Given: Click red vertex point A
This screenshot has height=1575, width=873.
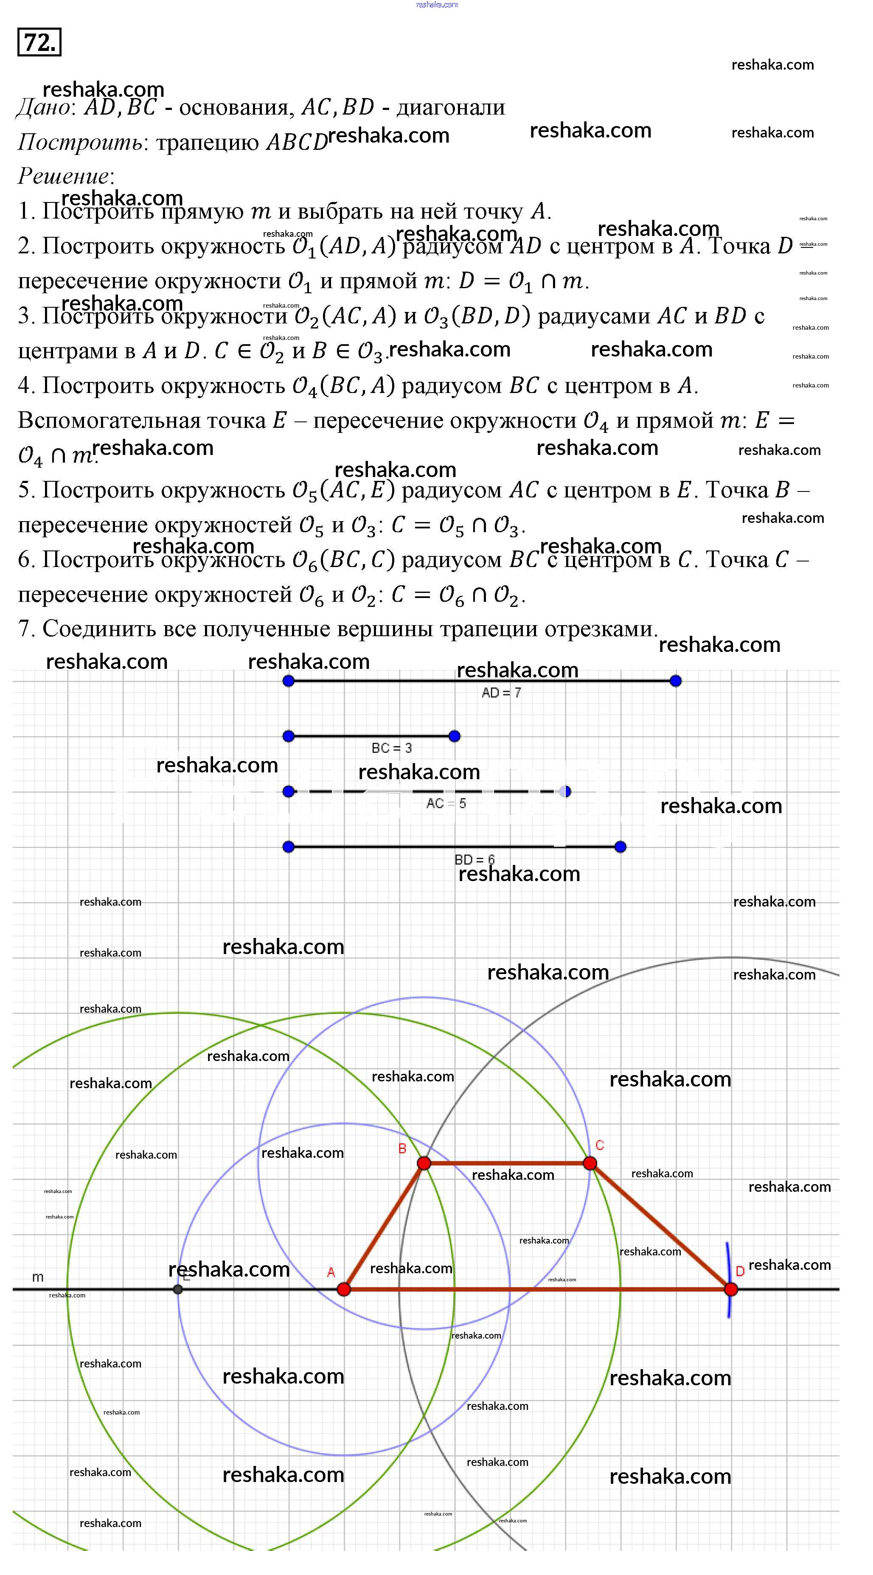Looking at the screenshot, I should coord(344,1289).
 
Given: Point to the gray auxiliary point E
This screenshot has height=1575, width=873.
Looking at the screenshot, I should coord(178,1289).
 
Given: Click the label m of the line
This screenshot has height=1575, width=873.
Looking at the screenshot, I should coord(38,1277).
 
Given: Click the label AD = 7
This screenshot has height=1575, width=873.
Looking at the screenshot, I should coord(501,693).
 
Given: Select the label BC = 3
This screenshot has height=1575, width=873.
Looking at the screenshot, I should coord(392,748).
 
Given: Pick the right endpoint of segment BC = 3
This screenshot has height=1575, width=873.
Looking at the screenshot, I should coord(454,736).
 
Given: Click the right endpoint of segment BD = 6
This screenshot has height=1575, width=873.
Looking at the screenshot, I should coord(620,847).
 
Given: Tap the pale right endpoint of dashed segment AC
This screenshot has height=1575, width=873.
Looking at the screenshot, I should coord(565,792).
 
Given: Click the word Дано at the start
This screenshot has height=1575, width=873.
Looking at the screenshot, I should coord(43,108).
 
